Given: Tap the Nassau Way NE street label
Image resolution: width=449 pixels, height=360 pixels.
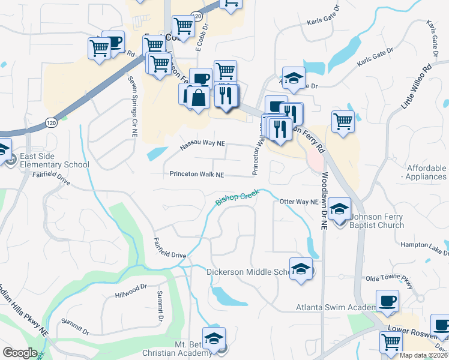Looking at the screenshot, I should coord(203,145).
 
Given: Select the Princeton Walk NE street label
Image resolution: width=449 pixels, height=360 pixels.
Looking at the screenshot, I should coord(196,175).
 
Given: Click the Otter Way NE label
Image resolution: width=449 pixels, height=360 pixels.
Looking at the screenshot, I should coord(298,202).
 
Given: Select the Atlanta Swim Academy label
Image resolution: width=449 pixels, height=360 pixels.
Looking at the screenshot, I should coord(335,308).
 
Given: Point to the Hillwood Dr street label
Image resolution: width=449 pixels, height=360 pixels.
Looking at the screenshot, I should coord(131,290).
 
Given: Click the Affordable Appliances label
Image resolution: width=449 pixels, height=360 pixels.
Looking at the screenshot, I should coord(426,172).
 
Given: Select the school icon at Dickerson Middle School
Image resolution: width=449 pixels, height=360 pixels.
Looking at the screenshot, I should coord(301,268).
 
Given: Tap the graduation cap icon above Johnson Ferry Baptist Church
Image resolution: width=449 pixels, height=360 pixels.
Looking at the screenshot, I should coord(340,208).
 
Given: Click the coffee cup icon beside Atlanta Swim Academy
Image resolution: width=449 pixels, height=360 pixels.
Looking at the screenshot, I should coord(387,300).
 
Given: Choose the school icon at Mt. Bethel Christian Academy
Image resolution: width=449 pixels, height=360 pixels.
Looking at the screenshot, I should coord(214,338).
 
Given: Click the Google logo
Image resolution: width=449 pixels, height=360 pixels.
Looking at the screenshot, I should coord(20,353).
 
